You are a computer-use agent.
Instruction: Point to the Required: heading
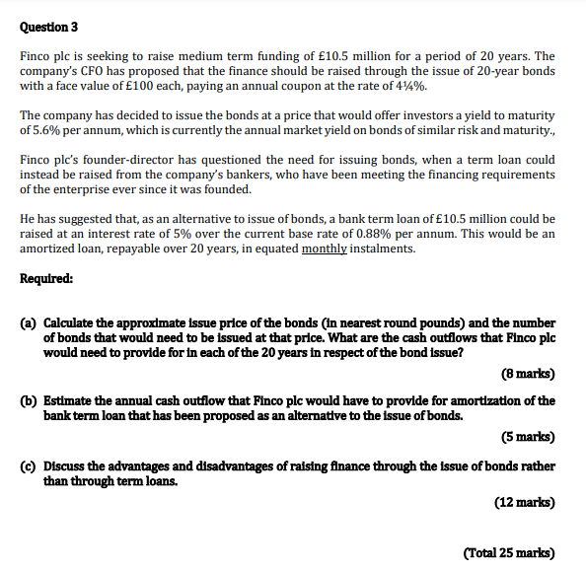pos(45,278)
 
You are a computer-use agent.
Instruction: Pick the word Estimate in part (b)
pos(70,400)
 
